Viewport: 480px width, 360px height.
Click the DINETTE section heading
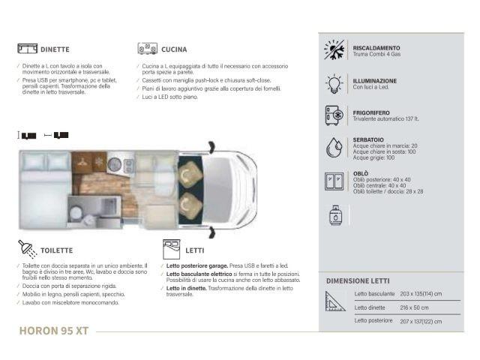tap(55, 49)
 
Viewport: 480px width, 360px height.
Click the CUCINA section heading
tap(174, 49)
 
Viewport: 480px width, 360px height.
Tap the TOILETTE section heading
tap(56, 250)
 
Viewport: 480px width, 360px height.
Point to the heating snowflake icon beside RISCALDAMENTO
tap(334, 49)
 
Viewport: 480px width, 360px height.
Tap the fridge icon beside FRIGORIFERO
tap(334, 115)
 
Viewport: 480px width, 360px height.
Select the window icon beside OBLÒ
tap(334, 181)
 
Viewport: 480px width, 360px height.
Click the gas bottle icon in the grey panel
tap(334, 215)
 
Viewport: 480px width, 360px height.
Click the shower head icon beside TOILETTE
tap(26, 249)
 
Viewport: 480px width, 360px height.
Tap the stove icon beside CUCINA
tap(146, 49)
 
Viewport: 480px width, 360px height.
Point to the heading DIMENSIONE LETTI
tap(357, 280)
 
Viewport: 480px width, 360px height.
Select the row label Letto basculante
tap(373, 294)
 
